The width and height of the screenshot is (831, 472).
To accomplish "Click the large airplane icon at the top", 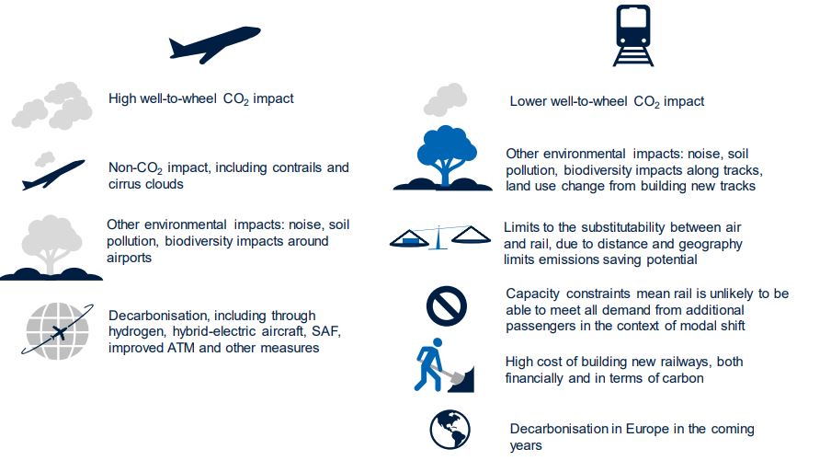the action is [214, 44].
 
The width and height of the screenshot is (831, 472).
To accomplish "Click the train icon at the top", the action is [633, 36].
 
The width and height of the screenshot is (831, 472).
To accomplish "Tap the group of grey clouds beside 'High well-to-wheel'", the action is [52, 105].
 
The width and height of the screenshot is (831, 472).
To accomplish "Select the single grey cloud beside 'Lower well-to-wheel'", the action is [445, 99].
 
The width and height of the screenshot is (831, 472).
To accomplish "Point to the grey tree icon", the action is [51, 248].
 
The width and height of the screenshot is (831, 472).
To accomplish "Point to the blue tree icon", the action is [443, 158].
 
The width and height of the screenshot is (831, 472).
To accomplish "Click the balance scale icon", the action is [440, 237].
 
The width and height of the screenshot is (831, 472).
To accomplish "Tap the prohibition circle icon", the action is [446, 306].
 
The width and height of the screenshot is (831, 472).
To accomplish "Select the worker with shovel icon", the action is [444, 365].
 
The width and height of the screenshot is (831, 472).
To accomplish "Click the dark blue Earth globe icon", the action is [450, 430].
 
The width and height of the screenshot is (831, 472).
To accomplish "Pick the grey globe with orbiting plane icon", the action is [57, 331].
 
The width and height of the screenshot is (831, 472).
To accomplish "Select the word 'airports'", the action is [130, 259].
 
